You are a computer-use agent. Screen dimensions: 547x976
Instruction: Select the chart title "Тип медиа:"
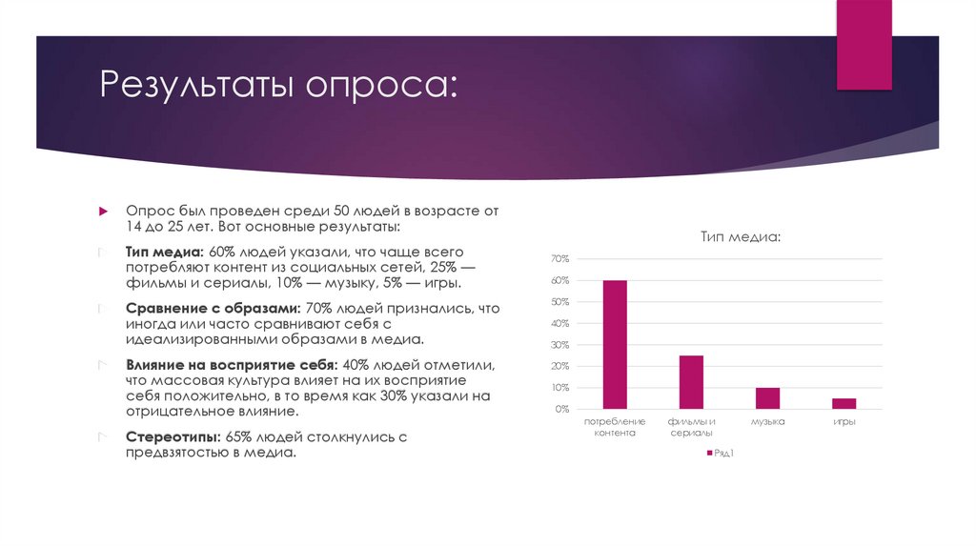point(741,235)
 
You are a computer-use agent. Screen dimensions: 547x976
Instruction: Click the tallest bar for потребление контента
point(615,344)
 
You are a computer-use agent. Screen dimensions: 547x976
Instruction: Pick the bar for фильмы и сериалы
point(691,381)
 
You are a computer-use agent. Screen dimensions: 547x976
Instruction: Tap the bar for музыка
point(767,397)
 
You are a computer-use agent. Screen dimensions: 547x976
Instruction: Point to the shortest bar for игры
point(843,403)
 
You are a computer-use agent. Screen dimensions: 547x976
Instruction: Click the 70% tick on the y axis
point(559,259)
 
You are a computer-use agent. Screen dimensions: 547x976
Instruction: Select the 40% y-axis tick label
point(559,323)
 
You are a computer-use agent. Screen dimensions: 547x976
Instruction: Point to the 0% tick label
point(561,409)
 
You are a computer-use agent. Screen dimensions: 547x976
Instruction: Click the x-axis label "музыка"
point(767,421)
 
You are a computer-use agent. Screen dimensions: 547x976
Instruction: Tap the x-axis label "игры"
point(844,421)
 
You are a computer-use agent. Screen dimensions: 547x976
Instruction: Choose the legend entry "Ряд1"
point(723,453)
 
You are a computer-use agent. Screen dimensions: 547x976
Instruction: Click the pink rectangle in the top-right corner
point(864,43)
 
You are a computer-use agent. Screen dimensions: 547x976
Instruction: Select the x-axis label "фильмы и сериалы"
point(691,426)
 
